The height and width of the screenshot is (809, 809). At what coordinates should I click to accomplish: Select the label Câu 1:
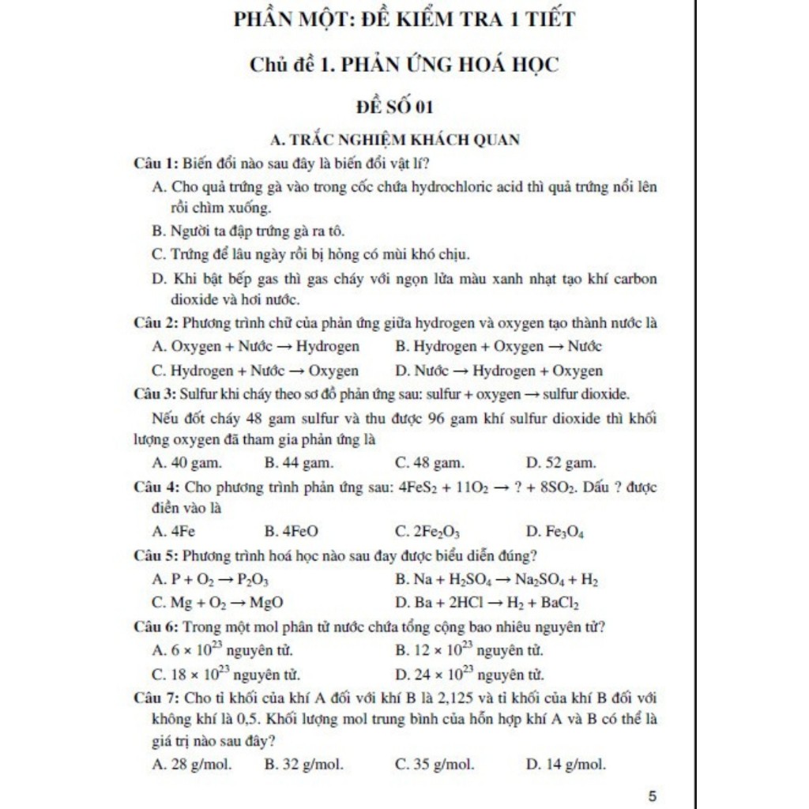click(156, 164)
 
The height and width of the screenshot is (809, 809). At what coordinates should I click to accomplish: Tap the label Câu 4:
click(156, 487)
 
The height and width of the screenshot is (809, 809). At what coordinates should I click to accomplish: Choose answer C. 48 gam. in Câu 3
click(429, 462)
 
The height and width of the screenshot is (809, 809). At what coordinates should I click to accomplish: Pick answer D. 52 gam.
click(560, 462)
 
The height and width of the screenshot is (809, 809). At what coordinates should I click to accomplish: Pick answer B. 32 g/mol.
click(303, 764)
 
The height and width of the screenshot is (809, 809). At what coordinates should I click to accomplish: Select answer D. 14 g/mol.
click(565, 764)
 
